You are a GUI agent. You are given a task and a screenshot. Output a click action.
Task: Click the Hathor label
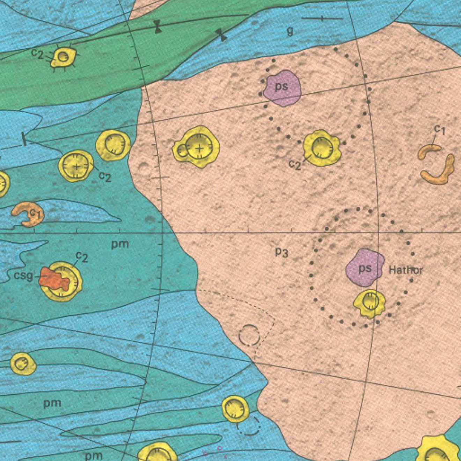[405, 270]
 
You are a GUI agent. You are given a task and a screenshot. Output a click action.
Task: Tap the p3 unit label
[281, 251]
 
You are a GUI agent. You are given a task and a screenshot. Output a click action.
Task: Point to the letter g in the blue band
[290, 31]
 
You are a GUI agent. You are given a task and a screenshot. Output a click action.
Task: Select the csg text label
[23, 276]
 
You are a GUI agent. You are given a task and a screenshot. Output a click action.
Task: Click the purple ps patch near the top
[282, 88]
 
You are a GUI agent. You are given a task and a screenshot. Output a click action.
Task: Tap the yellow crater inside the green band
[64, 57]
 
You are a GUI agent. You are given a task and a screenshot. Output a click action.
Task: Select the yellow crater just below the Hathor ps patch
[370, 302]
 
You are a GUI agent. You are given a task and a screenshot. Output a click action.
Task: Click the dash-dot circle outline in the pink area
[249, 335]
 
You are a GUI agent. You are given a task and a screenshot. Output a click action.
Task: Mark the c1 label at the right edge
[440, 130]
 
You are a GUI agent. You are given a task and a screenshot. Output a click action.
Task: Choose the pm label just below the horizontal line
[120, 244]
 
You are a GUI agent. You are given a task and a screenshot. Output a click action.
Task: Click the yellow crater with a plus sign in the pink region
[198, 147]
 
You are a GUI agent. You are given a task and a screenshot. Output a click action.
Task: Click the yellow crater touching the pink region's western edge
[113, 145]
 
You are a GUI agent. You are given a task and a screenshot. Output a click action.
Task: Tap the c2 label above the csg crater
[82, 257]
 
